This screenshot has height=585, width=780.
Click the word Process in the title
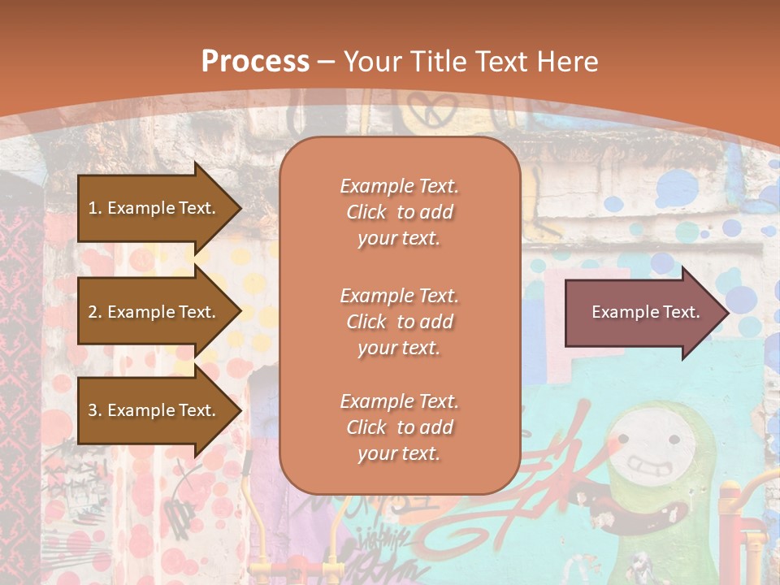pyautogui.click(x=255, y=61)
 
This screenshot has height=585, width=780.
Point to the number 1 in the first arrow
pyautogui.click(x=93, y=208)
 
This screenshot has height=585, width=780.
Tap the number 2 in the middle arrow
pyautogui.click(x=93, y=312)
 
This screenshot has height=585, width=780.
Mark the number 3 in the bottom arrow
pyautogui.click(x=93, y=410)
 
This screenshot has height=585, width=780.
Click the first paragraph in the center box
pyautogui.click(x=399, y=212)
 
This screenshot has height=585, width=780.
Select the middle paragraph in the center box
pyautogui.click(x=399, y=322)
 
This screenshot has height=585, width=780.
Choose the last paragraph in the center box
pyautogui.click(x=399, y=427)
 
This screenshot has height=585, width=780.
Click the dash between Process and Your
pyautogui.click(x=327, y=62)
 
